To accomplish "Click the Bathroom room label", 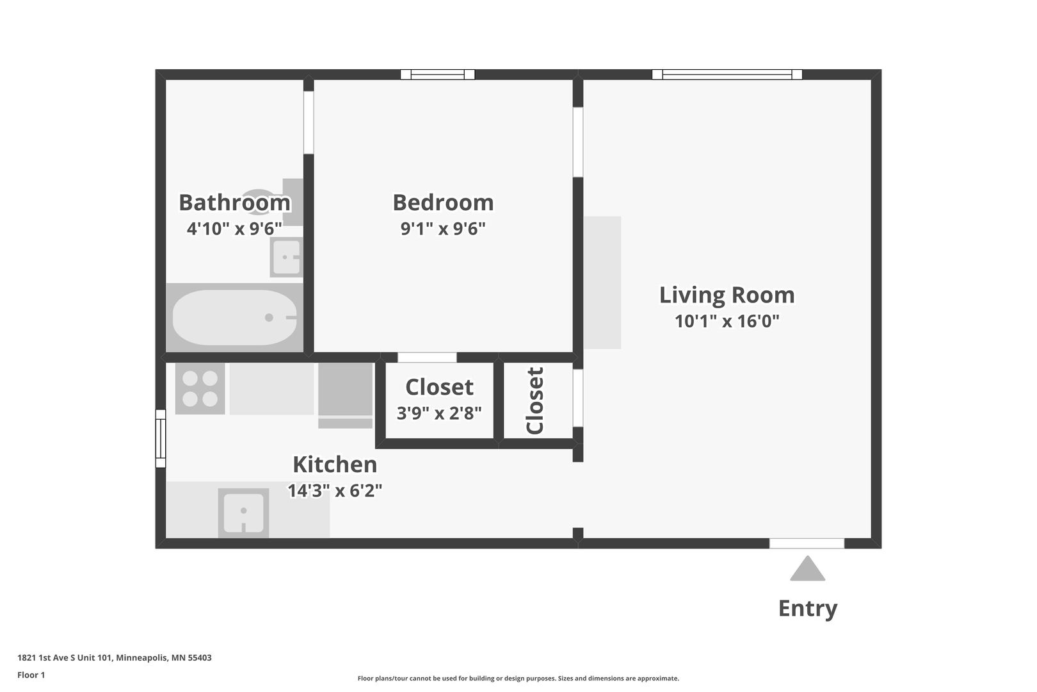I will click(x=234, y=202).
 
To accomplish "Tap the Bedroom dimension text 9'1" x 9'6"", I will click(x=443, y=229).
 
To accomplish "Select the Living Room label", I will click(x=727, y=295).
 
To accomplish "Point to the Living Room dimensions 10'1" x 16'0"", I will click(x=727, y=321).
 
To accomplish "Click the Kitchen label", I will click(x=335, y=464).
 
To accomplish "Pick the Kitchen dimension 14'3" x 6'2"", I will click(x=335, y=491).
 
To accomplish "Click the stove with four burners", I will click(x=200, y=389).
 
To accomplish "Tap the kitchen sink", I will click(x=243, y=513).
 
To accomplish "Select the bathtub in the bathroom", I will click(x=234, y=318).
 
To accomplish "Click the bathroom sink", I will click(x=285, y=257).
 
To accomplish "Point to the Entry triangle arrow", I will click(x=807, y=569).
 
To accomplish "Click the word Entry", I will click(x=807, y=608).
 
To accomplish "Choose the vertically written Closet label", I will click(x=535, y=401).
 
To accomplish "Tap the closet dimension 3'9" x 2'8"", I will click(x=439, y=413).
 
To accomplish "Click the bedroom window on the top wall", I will click(x=438, y=74).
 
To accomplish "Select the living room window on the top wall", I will click(x=727, y=74).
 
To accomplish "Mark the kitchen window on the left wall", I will click(x=161, y=439).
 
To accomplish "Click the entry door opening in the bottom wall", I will click(x=807, y=543).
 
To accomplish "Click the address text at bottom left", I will click(x=115, y=657).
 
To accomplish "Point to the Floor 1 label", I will click(x=31, y=675).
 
